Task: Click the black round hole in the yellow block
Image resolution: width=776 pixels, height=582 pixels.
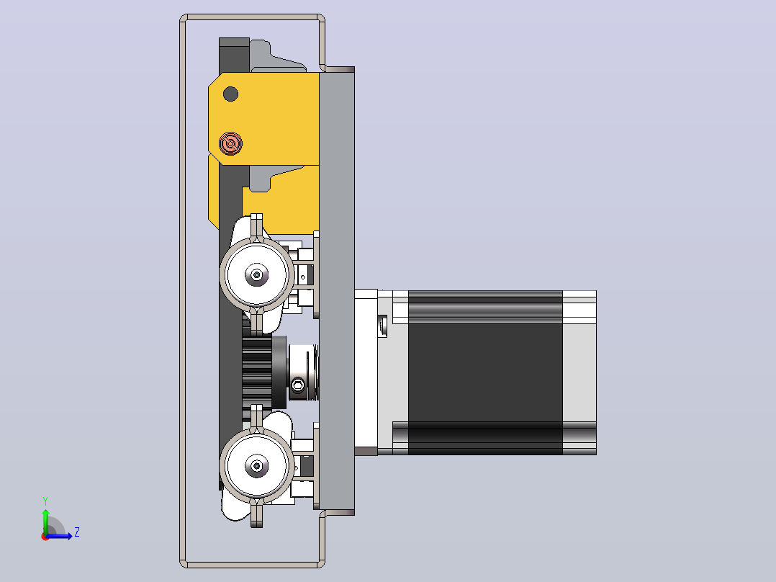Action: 230,94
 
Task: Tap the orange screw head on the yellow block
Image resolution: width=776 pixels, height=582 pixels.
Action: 230,143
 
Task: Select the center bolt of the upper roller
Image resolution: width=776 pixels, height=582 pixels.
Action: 256,274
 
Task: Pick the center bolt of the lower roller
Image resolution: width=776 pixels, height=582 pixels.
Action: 256,465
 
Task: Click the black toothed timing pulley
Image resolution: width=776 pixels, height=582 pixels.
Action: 258,372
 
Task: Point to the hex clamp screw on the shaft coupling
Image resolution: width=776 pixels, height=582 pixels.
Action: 298,385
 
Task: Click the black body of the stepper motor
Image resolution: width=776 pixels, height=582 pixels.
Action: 485,372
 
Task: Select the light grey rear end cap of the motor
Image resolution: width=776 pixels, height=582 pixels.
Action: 579,372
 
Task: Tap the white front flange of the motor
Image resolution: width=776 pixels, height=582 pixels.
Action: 366,372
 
